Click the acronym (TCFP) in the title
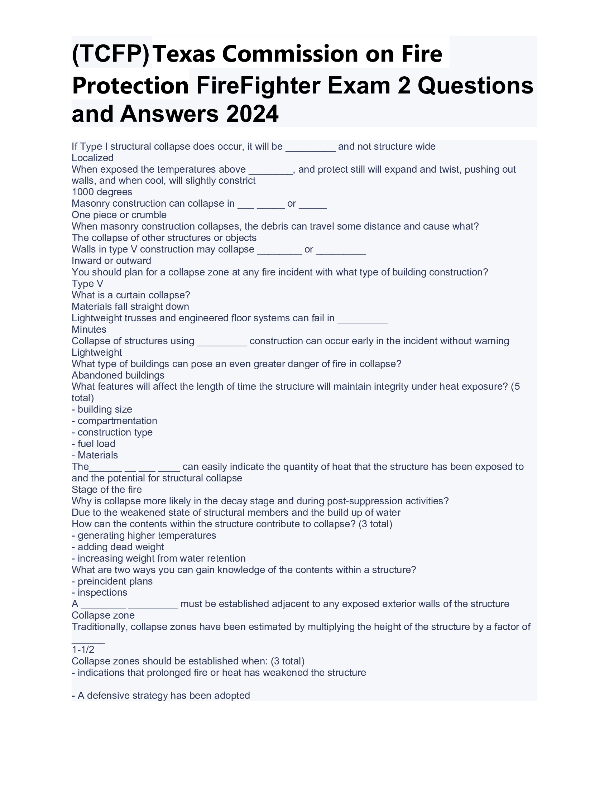click(111, 54)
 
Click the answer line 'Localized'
click(92, 158)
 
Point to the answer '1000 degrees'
click(102, 192)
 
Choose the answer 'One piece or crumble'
click(119, 215)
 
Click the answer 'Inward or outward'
click(111, 261)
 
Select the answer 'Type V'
click(87, 284)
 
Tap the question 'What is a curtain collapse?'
click(131, 295)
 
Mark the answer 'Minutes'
click(89, 330)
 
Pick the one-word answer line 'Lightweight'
click(97, 352)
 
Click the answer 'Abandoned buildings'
click(118, 375)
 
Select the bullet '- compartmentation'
click(114, 421)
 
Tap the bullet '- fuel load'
click(93, 444)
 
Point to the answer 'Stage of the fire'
click(106, 490)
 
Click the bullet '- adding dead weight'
click(118, 547)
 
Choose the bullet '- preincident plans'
click(112, 581)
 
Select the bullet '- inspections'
click(99, 592)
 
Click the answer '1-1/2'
click(83, 650)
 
